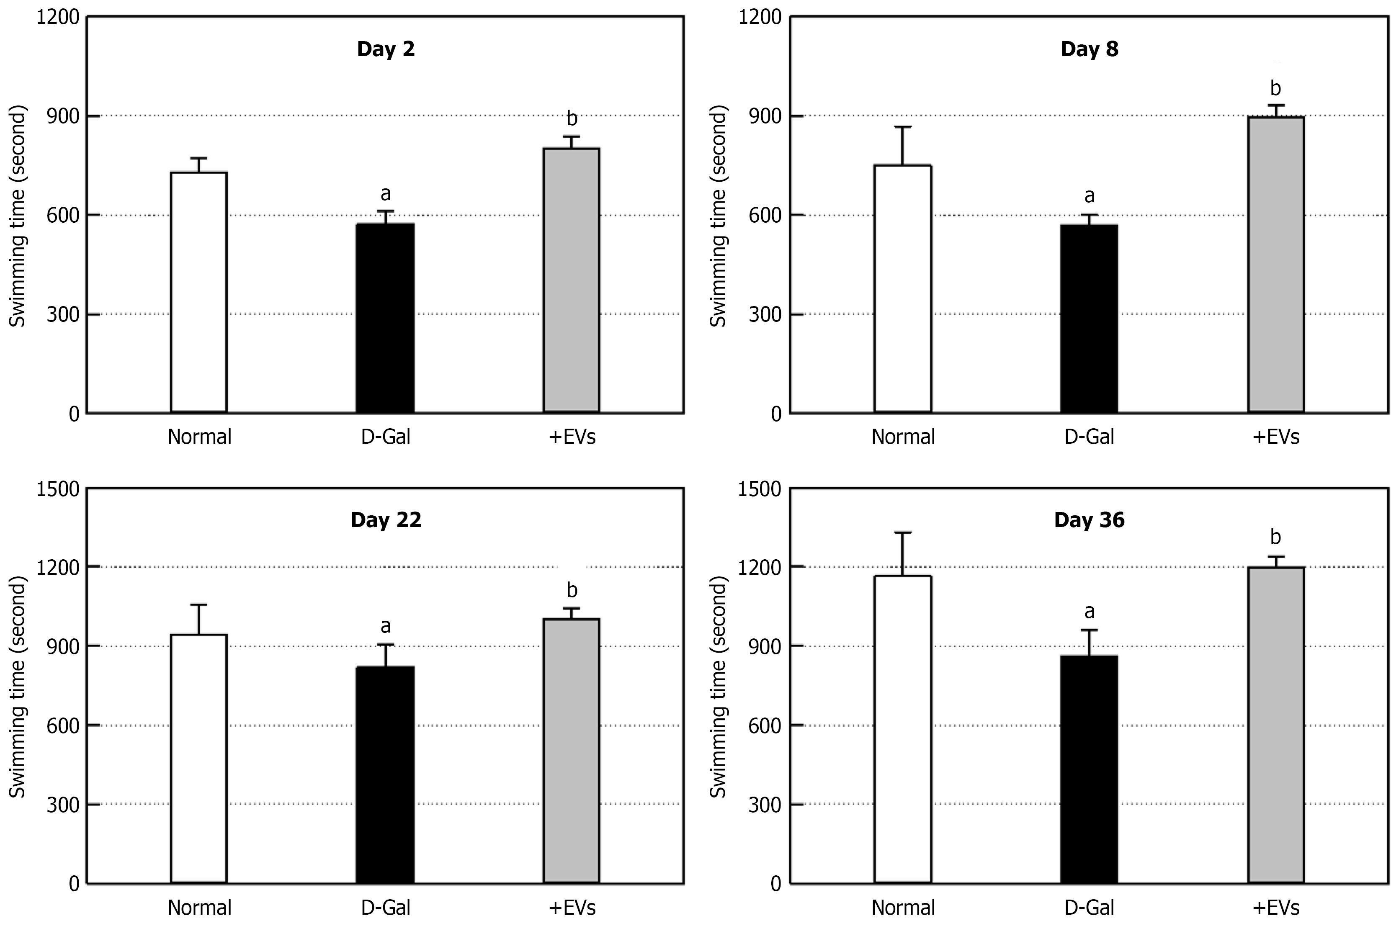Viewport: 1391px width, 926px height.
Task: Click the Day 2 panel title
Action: [386, 49]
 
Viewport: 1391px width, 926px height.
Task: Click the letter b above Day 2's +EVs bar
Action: [571, 119]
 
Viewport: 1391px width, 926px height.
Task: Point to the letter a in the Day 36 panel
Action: [1089, 611]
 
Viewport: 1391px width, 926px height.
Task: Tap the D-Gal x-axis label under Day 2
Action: [386, 437]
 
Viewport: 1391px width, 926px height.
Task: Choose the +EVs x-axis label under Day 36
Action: [1276, 908]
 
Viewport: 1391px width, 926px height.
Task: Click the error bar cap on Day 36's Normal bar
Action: [902, 532]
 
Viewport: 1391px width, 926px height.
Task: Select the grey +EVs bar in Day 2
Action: [571, 280]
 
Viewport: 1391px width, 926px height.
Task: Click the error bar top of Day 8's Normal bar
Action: [902, 127]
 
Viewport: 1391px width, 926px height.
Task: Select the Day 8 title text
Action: [1089, 49]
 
